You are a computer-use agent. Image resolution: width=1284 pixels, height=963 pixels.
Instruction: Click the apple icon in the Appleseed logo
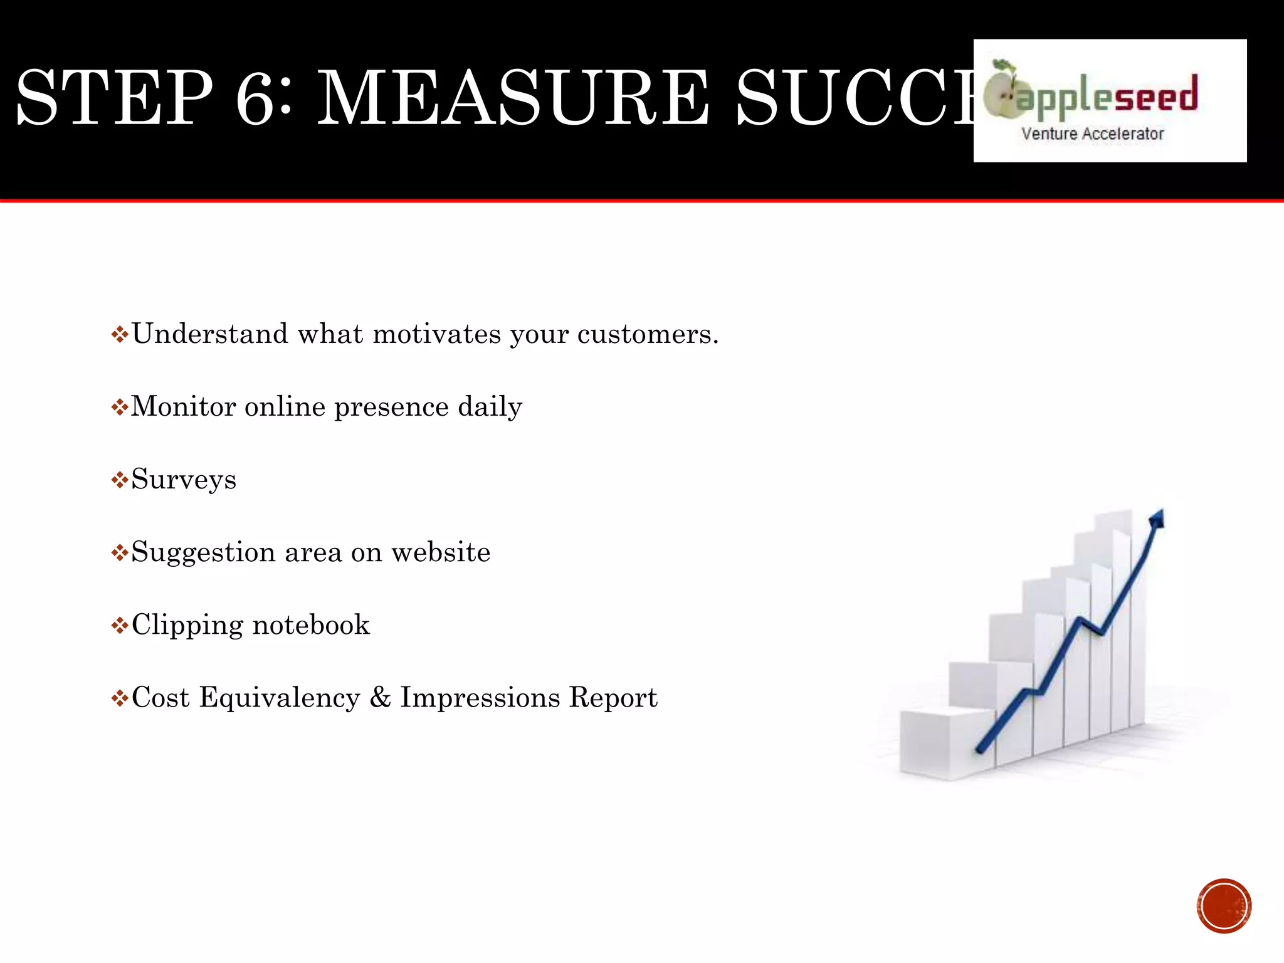pos(1002,91)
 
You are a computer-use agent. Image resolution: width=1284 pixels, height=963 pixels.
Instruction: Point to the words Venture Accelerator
pos(1092,134)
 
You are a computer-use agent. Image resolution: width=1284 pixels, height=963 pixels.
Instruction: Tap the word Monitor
pos(183,406)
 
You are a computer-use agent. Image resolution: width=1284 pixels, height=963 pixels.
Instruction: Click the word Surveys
pos(184,480)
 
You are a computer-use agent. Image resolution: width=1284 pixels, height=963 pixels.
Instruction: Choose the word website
pos(441,552)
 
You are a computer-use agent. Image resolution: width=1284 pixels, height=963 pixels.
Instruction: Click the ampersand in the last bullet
pos(380,697)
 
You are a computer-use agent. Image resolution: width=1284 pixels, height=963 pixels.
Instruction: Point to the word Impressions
pos(480,697)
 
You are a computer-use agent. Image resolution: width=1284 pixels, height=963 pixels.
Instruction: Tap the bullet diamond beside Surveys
pos(119,481)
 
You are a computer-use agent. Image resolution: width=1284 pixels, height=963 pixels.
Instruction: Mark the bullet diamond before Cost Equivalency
pos(119,698)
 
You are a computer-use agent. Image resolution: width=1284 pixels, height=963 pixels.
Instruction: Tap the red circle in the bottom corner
pos(1224,906)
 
